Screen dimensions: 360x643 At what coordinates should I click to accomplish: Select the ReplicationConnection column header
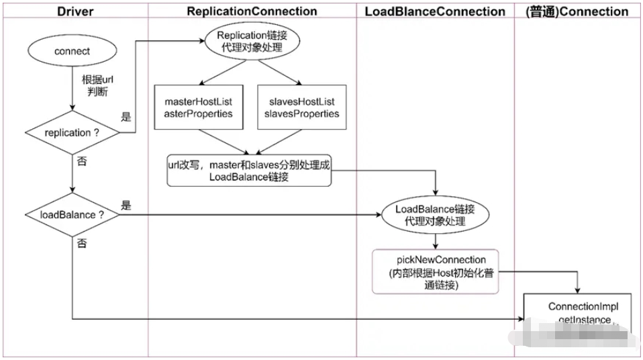click(252, 11)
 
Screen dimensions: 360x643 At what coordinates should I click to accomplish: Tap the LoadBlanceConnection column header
click(435, 11)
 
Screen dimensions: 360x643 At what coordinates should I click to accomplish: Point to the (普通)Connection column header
click(579, 11)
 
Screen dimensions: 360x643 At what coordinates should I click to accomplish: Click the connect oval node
click(71, 50)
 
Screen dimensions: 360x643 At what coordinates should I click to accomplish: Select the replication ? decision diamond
click(71, 132)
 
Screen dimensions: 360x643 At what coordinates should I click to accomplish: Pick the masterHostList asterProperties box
click(199, 107)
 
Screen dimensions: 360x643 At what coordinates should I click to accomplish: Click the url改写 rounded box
click(250, 171)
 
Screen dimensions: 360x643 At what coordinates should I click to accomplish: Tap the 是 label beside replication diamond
click(126, 117)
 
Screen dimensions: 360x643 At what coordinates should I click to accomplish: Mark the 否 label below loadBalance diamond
click(82, 243)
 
